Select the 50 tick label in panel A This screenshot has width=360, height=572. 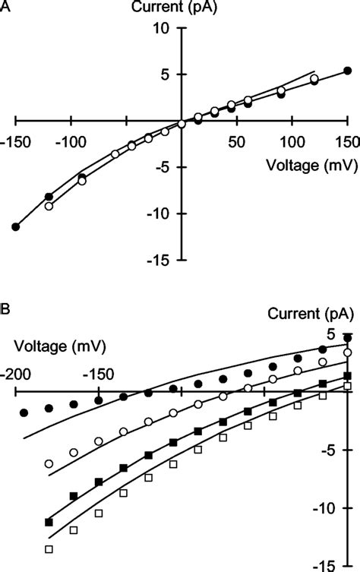[236, 141]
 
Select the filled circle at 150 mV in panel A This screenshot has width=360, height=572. [347, 71]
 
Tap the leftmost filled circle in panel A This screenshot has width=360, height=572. [15, 226]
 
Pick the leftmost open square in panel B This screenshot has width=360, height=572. [49, 548]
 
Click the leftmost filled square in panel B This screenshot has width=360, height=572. [49, 522]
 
